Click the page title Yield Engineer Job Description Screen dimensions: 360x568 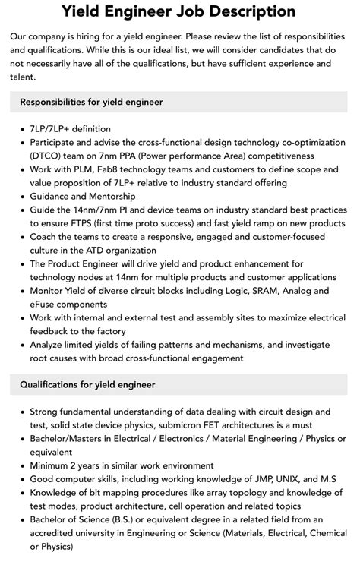(x=179, y=11)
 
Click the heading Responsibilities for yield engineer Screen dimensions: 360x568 (x=91, y=101)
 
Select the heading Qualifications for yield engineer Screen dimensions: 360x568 (x=87, y=385)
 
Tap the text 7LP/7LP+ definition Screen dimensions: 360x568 (x=71, y=128)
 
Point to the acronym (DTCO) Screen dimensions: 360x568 (x=47, y=156)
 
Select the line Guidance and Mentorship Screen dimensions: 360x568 (x=81, y=196)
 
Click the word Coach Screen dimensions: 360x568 (x=46, y=236)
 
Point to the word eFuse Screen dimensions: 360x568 (x=46, y=304)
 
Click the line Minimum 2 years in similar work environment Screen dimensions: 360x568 (x=122, y=465)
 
